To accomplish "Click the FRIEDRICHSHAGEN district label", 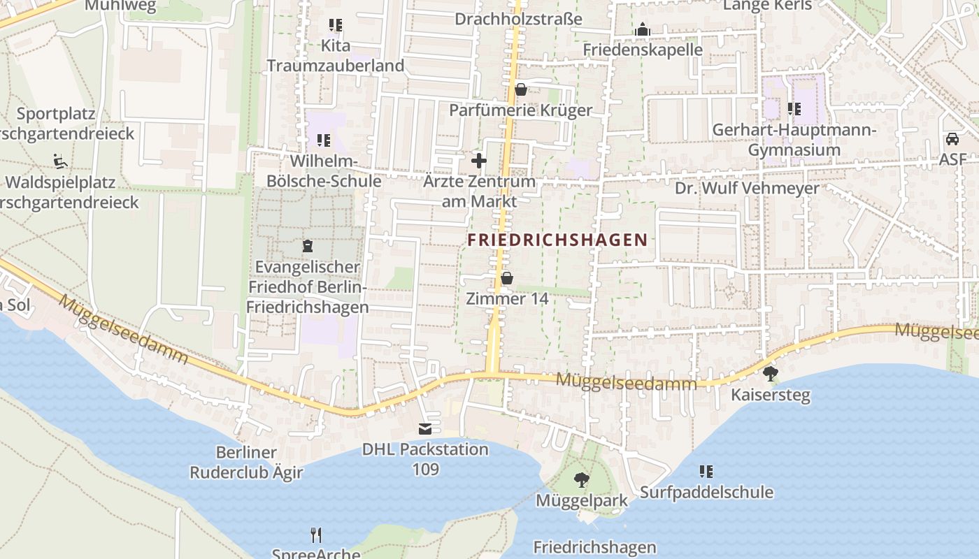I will pyautogui.click(x=557, y=240).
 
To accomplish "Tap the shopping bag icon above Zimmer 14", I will pyautogui.click(x=507, y=279).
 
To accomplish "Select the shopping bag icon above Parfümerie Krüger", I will pyautogui.click(x=521, y=89).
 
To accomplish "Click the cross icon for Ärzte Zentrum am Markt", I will pyautogui.click(x=479, y=161).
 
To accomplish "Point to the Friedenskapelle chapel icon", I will pyautogui.click(x=643, y=30).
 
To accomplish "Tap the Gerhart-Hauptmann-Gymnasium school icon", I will pyautogui.click(x=794, y=109).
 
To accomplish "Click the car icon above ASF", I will pyautogui.click(x=952, y=139).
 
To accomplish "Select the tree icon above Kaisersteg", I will pyautogui.click(x=771, y=374).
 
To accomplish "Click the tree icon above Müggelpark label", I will pyautogui.click(x=581, y=480).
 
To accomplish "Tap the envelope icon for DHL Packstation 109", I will pyautogui.click(x=425, y=428).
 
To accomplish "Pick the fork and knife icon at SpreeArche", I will pyautogui.click(x=316, y=535).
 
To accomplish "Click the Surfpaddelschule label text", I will pyautogui.click(x=706, y=492).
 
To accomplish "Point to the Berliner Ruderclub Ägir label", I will pyautogui.click(x=246, y=463).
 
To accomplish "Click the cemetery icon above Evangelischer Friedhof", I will pyautogui.click(x=307, y=246).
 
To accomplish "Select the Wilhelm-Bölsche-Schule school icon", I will pyautogui.click(x=323, y=140).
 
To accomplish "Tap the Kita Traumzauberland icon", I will pyautogui.click(x=336, y=25).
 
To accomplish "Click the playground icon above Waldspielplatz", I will pyautogui.click(x=59, y=161).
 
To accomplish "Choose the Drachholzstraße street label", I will pyautogui.click(x=518, y=19).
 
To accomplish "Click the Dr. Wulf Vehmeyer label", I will pyautogui.click(x=747, y=189).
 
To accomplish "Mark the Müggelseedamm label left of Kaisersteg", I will pyautogui.click(x=627, y=382).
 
